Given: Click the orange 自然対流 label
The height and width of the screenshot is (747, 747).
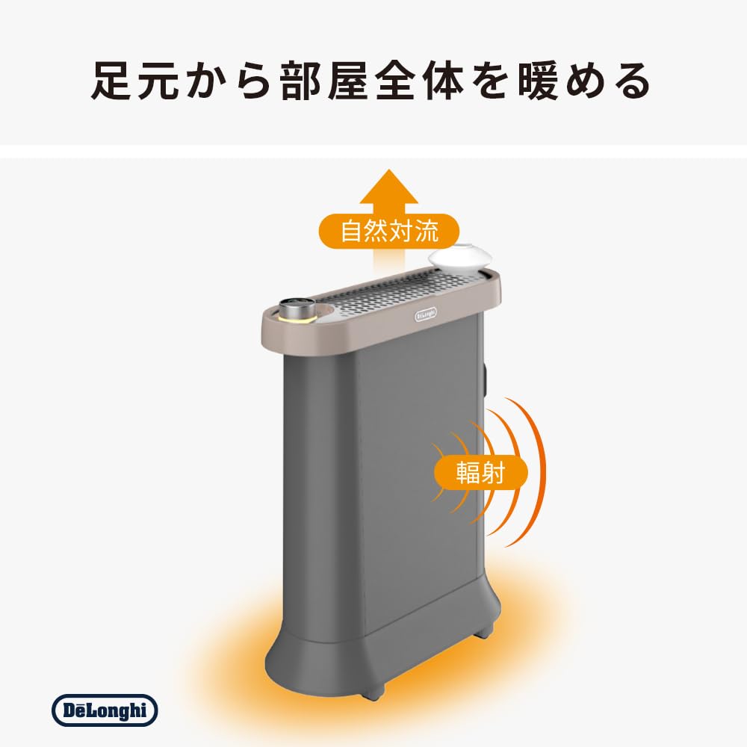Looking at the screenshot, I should click(388, 232).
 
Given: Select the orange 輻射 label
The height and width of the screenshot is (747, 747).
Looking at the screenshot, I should click(480, 472).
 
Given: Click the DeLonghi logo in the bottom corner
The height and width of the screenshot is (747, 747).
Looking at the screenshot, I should click(105, 710).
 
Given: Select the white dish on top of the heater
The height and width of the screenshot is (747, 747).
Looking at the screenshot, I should click(459, 258).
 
